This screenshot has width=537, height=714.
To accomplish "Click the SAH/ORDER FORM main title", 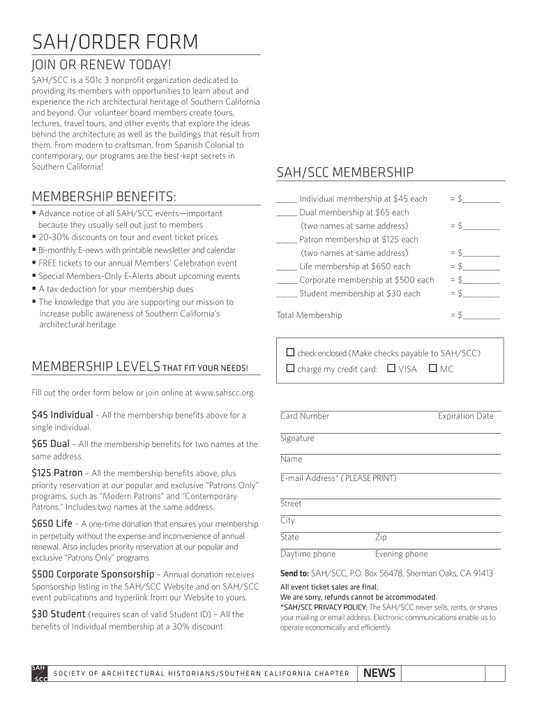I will pos(114,43).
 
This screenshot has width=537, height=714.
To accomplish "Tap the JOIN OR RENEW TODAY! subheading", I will pos(101,66).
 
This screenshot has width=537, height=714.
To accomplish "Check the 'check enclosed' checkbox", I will pos(290,352).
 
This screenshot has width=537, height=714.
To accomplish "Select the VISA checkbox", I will pos(391,368).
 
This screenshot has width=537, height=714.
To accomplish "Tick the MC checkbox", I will pos(433,368).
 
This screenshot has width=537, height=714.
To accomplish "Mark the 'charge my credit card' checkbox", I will pos(290,368).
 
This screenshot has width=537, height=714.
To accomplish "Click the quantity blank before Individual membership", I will pos(287,199).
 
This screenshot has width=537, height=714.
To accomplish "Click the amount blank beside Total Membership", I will pos(481,315).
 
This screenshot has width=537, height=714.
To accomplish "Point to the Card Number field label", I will pos(305,416).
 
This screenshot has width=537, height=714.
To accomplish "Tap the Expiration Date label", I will pos(465,416).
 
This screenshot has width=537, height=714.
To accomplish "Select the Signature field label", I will pos(297,439).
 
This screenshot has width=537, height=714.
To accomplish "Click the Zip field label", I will pos(381,538).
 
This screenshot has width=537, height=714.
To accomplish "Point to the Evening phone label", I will pos(401,554).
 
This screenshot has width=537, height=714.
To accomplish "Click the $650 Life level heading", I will pos(52,523).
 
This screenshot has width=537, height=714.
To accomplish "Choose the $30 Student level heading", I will pos(58,614).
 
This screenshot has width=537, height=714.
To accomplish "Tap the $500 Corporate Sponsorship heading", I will pos(93,574).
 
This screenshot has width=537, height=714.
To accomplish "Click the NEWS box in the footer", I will pos(379,673).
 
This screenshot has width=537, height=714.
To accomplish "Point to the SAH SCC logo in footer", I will pos(40,673).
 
